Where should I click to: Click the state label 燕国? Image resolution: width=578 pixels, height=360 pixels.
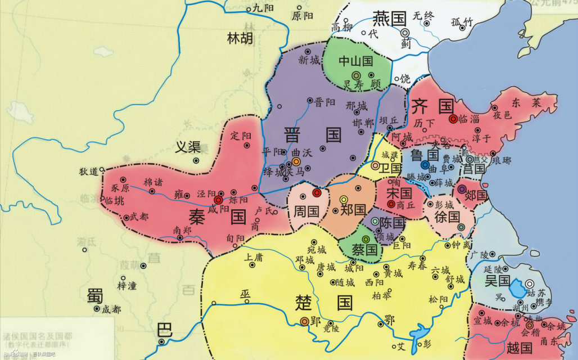point(389,19)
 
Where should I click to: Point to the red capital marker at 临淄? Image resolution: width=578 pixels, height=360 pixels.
point(453,119)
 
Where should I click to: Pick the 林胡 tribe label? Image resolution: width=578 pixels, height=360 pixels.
point(240,38)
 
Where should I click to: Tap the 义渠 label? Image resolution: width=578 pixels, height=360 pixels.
point(188,147)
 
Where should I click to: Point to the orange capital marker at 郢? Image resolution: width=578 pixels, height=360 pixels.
point(304,321)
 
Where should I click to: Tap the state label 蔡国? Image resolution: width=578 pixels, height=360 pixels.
point(364,249)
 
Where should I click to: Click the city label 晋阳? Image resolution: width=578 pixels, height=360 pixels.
point(324,102)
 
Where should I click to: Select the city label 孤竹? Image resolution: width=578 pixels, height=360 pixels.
point(463,22)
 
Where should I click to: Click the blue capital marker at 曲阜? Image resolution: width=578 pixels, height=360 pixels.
point(425,165)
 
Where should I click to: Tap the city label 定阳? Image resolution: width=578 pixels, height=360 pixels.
point(240,136)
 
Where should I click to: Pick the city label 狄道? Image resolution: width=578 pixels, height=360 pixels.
point(88,171)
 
